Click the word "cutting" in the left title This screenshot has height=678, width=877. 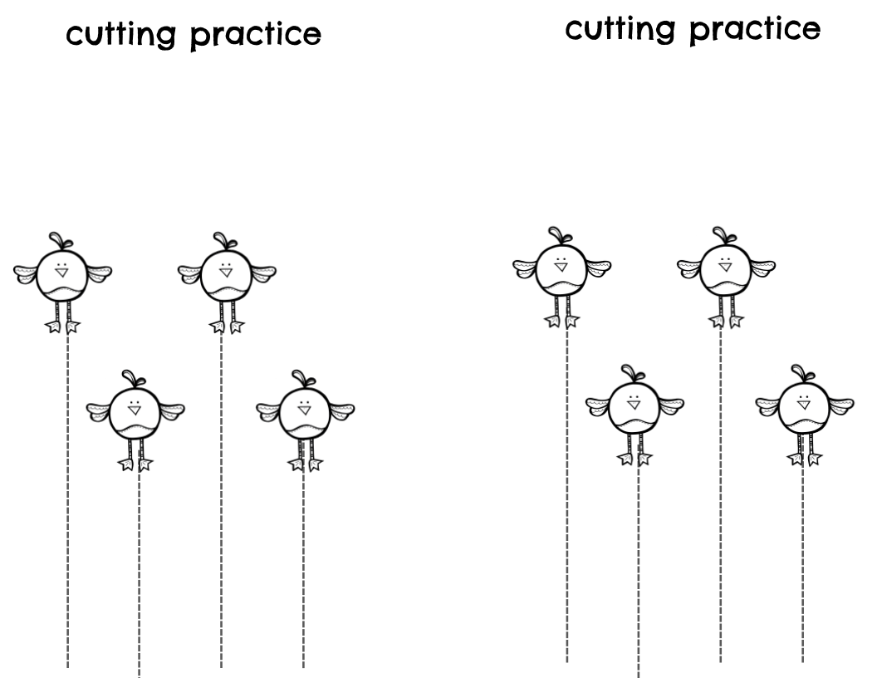pos(121,36)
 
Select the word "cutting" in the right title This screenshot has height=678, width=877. pos(620,30)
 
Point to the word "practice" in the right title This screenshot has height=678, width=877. pos(755,30)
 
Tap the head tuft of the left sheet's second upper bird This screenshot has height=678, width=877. pos(222,240)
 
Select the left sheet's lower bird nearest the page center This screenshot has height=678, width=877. pos(305,414)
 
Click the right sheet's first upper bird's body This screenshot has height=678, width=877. pos(561,271)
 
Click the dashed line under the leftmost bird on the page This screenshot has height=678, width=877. pos(68,499)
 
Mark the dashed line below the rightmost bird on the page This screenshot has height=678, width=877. pos(803,565)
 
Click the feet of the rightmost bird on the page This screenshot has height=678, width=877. pos(804,458)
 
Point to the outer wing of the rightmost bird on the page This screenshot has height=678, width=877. pos(840,405)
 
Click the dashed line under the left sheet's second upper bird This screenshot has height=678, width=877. pos(221,499)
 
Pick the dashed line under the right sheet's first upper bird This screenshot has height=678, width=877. pos(567,499)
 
